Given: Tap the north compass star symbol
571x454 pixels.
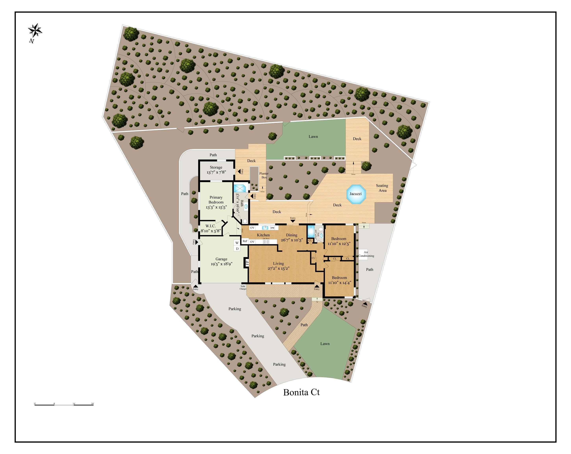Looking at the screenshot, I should tap(35, 31).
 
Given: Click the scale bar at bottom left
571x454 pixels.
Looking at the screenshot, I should tap(64, 405).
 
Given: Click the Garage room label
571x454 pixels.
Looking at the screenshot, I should tap(221, 259).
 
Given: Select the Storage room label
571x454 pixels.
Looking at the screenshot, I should tap(216, 167).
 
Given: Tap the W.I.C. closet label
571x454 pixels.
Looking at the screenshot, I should tap(211, 226).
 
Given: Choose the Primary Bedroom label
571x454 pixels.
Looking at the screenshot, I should tap(216, 200).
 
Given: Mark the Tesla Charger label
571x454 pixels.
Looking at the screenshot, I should tap(243, 287).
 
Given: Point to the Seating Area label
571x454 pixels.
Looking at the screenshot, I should tap(382, 188).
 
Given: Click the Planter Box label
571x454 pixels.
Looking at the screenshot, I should tap(264, 175).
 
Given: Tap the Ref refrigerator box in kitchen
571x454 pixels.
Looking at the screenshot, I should tap(245, 241).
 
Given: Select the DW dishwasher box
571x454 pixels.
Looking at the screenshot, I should tap(273, 228).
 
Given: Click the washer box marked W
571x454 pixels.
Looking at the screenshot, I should tap(237, 243).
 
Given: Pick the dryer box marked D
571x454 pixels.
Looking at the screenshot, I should tap(237, 249).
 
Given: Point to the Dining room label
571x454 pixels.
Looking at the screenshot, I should tap(292, 235).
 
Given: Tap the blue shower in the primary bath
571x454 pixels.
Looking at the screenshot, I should tap(240, 188).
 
